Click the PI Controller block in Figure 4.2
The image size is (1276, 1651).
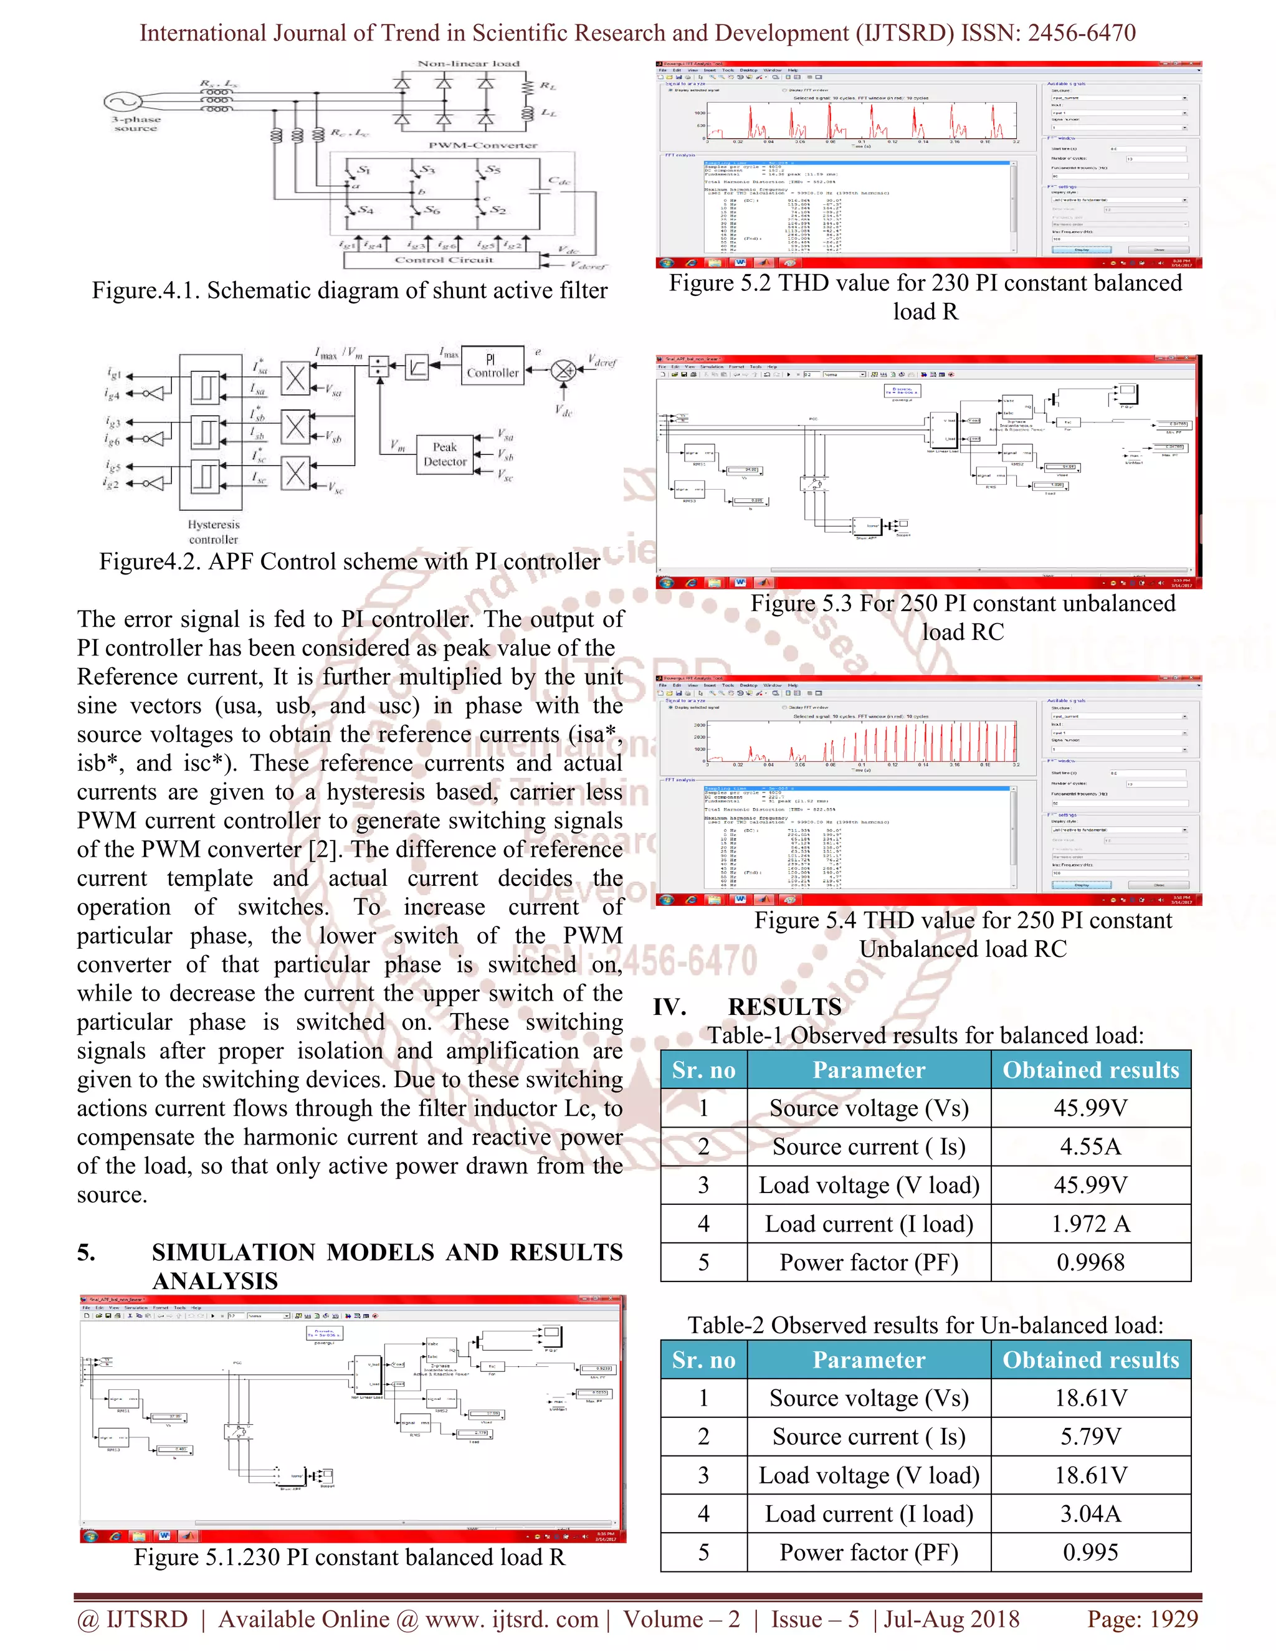(493, 366)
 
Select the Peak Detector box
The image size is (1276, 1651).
(445, 454)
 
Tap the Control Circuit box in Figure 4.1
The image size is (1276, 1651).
(443, 260)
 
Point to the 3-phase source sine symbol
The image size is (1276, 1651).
(123, 102)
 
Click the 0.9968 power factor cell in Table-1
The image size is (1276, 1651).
(1090, 1262)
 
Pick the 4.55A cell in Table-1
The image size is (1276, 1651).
(1090, 1147)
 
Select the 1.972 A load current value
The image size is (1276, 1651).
(1090, 1224)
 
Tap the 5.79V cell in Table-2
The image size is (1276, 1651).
(1090, 1436)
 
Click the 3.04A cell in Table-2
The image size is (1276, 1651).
(1090, 1513)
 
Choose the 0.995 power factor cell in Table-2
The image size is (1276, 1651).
(1090, 1552)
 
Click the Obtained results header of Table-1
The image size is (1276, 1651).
(1090, 1070)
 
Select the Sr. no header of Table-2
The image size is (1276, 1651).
(703, 1359)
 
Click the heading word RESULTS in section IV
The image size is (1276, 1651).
(784, 1007)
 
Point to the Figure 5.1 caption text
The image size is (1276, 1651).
(350, 1558)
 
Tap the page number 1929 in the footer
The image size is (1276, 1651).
(1169, 1619)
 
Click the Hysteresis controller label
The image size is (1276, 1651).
(213, 531)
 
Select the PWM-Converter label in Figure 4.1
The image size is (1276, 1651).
(483, 145)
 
